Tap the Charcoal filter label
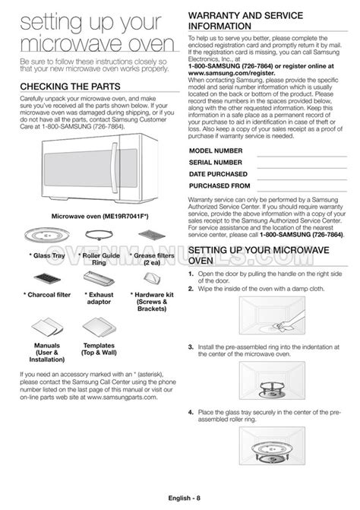48,292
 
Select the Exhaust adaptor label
100,296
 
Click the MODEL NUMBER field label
216,151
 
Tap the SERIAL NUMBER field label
216,162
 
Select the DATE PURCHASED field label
219,173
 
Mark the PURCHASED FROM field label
219,185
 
